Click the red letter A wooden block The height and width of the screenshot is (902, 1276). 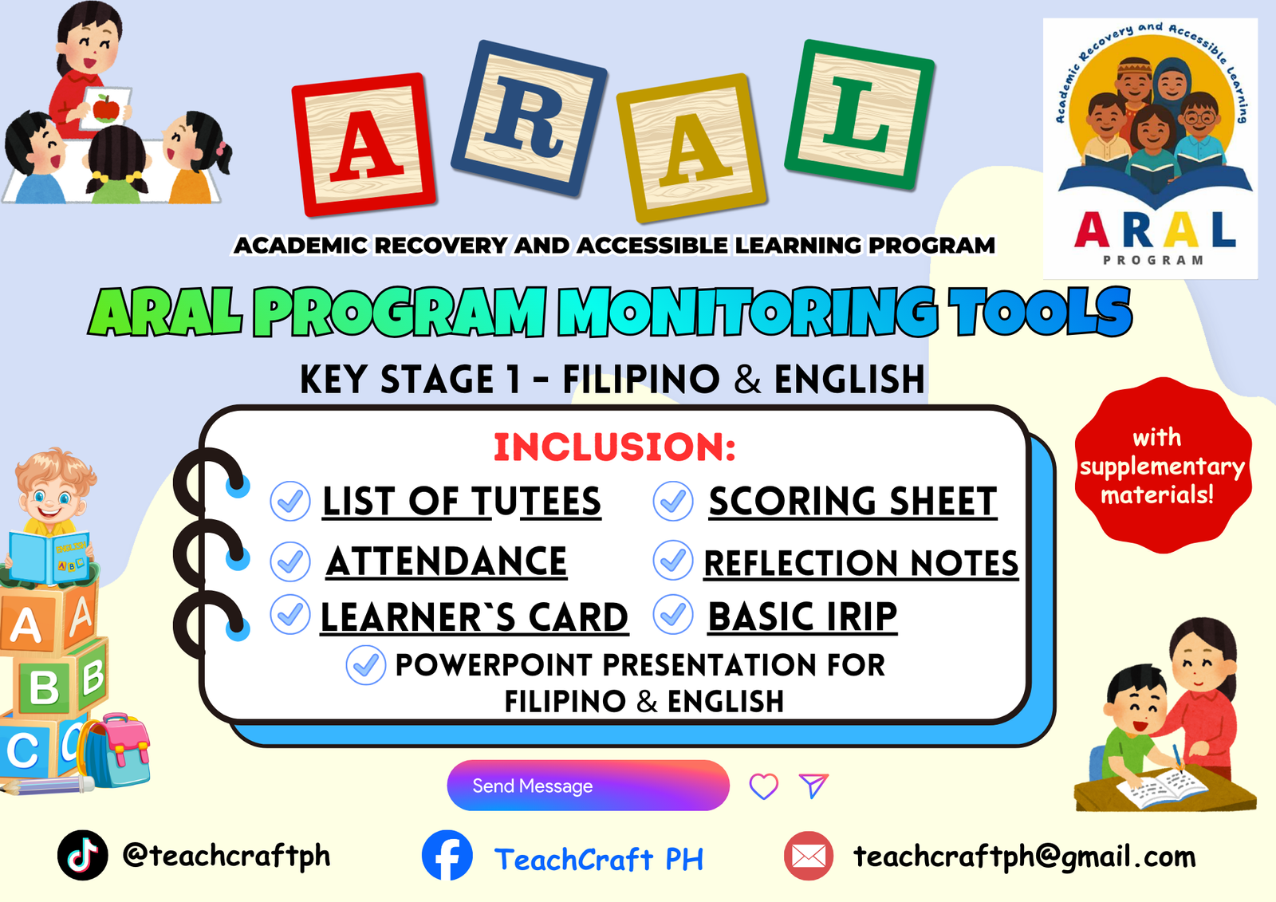[364, 144]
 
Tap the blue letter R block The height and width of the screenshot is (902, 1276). [530, 119]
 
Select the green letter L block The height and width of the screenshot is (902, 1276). [859, 115]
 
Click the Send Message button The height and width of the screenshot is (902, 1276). [588, 786]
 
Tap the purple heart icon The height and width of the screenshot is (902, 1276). [763, 786]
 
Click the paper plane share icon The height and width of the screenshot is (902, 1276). [813, 786]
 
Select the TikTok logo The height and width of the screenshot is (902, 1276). [83, 855]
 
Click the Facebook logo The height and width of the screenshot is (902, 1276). [447, 855]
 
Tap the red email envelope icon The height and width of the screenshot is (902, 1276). [809, 855]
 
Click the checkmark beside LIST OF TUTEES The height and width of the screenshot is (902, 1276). [290, 501]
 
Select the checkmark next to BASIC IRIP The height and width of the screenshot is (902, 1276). [673, 614]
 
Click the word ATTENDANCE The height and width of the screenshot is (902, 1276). [447, 561]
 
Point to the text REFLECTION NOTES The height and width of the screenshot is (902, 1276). [861, 563]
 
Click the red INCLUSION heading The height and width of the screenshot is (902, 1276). [615, 447]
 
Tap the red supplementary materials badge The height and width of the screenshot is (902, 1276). [1163, 466]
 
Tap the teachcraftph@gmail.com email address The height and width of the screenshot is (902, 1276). [1024, 856]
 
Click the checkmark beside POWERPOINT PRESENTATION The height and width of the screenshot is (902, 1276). [366, 665]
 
